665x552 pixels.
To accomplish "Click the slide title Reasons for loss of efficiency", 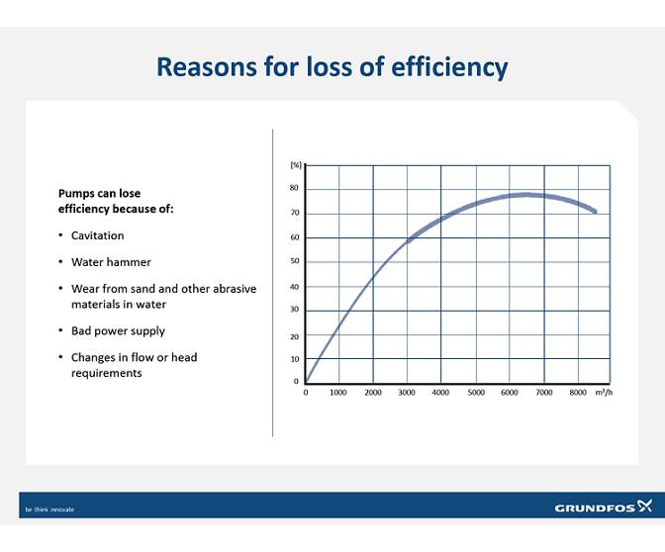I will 332,67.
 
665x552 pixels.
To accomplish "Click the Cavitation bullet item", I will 97,236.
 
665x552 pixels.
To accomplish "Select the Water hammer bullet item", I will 111,262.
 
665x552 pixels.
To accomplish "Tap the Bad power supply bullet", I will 118,330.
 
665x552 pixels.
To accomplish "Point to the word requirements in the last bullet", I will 106,373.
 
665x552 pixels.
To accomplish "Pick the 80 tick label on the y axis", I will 294,188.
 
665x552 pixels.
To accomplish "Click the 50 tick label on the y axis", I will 294,261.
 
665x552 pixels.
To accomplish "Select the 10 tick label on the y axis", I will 294,358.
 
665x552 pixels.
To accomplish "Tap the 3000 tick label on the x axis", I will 406,393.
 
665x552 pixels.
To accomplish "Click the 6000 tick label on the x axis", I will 509,393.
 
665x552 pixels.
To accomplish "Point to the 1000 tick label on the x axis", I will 337,393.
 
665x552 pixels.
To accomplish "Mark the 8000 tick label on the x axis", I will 578,393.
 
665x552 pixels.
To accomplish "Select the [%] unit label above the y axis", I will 295,165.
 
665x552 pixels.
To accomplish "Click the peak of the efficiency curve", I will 526,195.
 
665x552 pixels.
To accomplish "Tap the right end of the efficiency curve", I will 595,211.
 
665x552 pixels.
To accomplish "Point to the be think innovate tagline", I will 49,509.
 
